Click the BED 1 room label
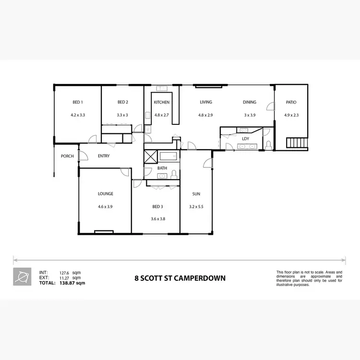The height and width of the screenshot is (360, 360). pos(77,102)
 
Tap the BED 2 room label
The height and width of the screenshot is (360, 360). pos(122,102)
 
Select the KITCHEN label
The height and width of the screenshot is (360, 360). pos(161,102)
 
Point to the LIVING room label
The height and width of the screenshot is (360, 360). pos(206,102)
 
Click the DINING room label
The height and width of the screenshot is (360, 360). pos(250,102)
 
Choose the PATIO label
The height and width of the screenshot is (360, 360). pos(291,102)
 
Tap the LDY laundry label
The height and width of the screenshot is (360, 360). pos(246,139)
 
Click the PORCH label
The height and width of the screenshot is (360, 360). pos(67,156)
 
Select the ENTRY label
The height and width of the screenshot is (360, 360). pos(104,156)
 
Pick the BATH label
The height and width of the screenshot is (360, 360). pos(162,168)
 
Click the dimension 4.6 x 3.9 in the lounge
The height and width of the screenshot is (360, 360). pos(106,206)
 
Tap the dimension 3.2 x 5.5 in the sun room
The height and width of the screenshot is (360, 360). pos(196,206)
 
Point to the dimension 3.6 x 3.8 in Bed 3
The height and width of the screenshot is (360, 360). pos(158,219)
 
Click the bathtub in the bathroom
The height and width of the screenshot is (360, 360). pos(168,156)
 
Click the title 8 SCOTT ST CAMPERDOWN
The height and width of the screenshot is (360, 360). pos(180,278)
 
